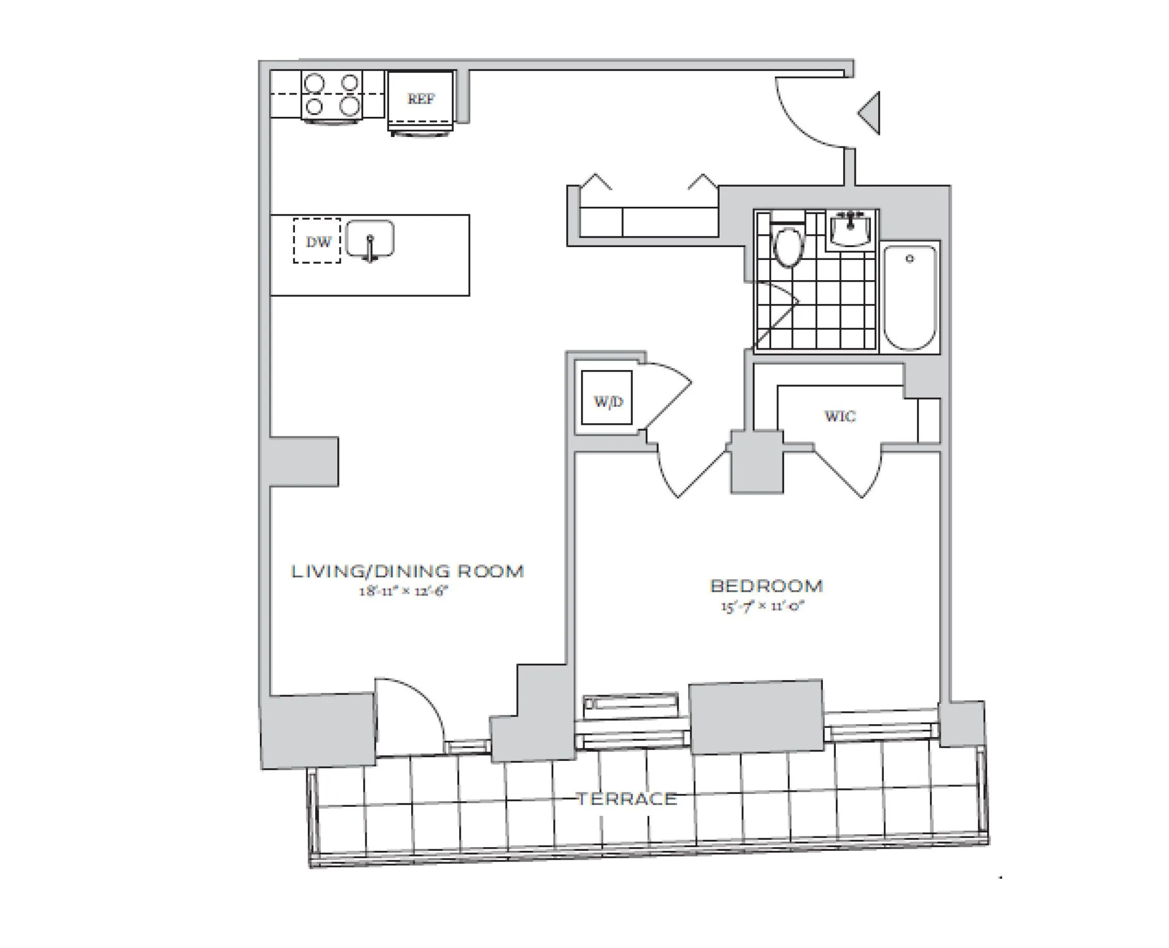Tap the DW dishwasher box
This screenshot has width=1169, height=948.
pos(317,241)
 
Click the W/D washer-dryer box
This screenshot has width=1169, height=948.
pos(607,397)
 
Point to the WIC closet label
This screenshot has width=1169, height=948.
pos(839,417)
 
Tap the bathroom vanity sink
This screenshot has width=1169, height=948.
pos(850,229)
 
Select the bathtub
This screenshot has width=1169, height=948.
pos(909,298)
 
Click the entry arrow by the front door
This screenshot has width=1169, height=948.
pos(870,114)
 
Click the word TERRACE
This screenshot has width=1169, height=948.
pos(627,800)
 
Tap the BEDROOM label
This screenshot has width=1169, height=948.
pos(766,586)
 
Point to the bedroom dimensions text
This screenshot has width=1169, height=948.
pos(762,606)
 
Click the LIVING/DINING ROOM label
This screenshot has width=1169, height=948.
pos(407,571)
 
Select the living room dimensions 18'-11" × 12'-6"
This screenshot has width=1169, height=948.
pos(403,591)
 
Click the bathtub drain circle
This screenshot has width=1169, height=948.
pos(909,259)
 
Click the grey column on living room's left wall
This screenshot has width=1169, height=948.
pos(303,462)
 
